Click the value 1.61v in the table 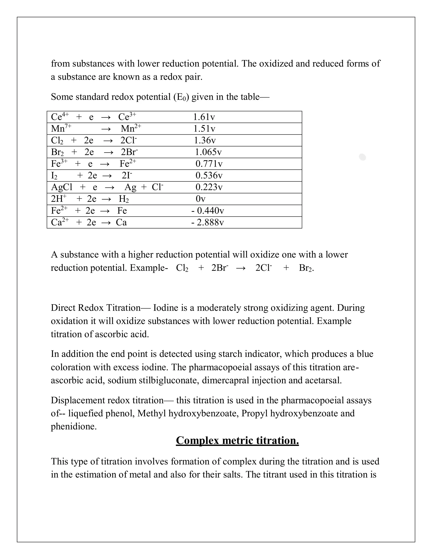(204, 117)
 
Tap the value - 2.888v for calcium (208, 222)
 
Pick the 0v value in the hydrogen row (201, 199)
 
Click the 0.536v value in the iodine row (209, 175)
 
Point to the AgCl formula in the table (62, 187)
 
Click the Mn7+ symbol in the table (61, 128)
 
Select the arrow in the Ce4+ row (106, 117)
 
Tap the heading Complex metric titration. (237, 440)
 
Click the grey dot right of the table (362, 157)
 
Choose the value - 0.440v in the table (208, 211)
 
